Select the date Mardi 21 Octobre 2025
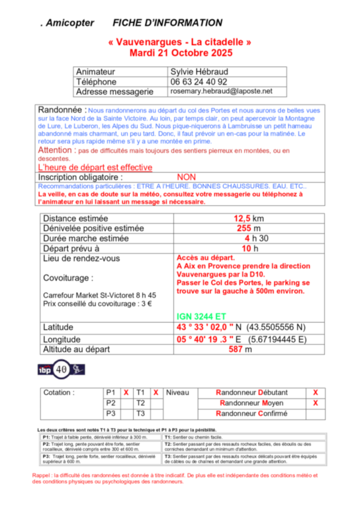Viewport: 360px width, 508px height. (x=179, y=52)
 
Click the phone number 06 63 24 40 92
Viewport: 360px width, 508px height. (x=199, y=81)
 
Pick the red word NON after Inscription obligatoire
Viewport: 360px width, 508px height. (x=187, y=177)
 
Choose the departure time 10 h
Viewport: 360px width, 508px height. (x=246, y=248)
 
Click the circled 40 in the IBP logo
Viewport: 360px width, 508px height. (x=61, y=368)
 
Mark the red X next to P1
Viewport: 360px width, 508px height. (x=126, y=392)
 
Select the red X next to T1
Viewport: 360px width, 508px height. (x=156, y=392)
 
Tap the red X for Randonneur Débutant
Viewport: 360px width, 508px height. (x=315, y=392)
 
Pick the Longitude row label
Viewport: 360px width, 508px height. (x=62, y=339)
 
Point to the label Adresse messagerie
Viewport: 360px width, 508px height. (x=115, y=92)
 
